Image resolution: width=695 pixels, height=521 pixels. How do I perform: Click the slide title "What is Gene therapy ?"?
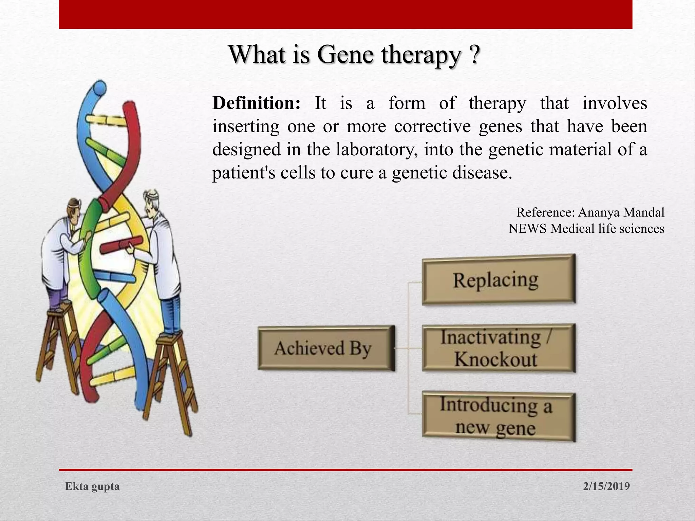click(x=355, y=55)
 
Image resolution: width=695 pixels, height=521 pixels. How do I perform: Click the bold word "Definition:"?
click(x=256, y=103)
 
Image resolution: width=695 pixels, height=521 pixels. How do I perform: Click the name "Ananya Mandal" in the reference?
click(x=621, y=213)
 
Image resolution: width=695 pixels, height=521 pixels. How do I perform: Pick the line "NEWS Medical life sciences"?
click(x=586, y=229)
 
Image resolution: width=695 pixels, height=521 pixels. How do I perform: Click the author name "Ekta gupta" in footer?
click(x=92, y=486)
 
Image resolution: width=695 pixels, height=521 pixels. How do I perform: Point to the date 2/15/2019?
click(x=606, y=486)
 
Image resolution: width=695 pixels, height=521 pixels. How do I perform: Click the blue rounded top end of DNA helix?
click(x=100, y=88)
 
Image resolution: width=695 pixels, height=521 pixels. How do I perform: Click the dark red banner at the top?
click(x=345, y=14)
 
